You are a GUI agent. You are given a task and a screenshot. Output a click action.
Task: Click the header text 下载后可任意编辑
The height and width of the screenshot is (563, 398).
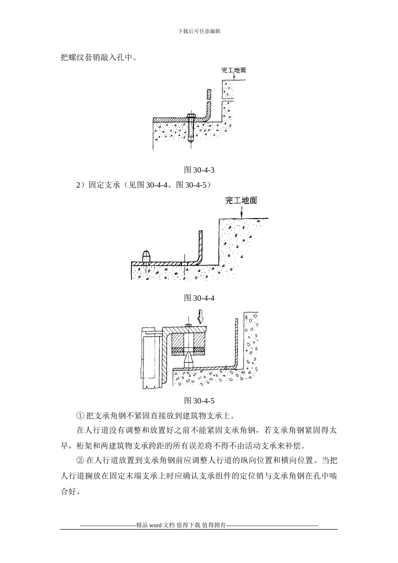click(x=199, y=31)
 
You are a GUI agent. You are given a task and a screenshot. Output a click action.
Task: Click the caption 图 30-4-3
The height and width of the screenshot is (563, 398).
click(x=199, y=170)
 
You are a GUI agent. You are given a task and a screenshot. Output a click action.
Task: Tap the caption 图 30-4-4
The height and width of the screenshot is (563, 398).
click(x=199, y=298)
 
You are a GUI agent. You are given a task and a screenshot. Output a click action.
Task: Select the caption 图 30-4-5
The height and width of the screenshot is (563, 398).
click(x=199, y=400)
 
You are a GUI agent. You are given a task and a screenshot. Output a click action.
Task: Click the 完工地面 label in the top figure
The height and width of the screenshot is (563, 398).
click(x=234, y=70)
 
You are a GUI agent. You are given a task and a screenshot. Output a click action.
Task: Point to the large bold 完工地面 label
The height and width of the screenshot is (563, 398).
click(x=241, y=200)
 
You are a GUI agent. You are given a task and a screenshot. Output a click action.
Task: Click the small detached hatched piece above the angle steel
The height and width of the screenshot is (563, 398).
click(x=209, y=94)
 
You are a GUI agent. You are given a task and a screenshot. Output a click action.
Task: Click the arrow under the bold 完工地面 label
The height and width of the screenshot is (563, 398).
click(x=242, y=212)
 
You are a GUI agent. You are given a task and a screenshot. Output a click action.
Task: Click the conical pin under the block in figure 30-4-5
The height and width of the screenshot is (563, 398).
click(x=189, y=361)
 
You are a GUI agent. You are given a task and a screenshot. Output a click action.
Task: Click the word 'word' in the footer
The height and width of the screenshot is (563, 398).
click(x=156, y=525)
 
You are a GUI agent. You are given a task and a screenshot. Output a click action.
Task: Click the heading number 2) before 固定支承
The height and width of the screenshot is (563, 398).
click(x=81, y=185)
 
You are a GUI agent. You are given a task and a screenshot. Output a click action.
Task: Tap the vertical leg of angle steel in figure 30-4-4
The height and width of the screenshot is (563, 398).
click(x=200, y=246)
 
